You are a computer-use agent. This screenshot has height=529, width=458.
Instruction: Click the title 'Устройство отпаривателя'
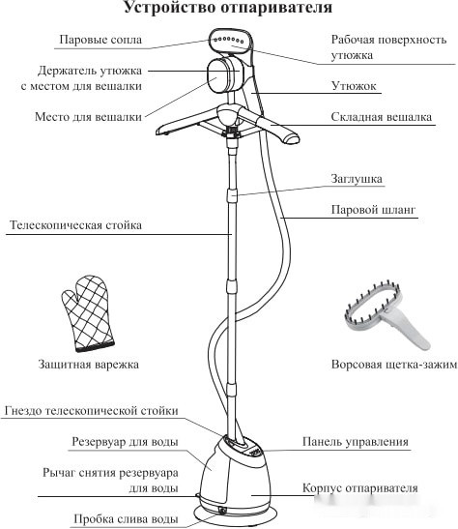228,10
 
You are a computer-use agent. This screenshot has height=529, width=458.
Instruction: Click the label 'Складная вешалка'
371,116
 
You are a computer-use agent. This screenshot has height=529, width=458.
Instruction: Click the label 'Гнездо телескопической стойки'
91,410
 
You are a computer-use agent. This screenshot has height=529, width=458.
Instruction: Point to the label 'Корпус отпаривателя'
359,488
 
